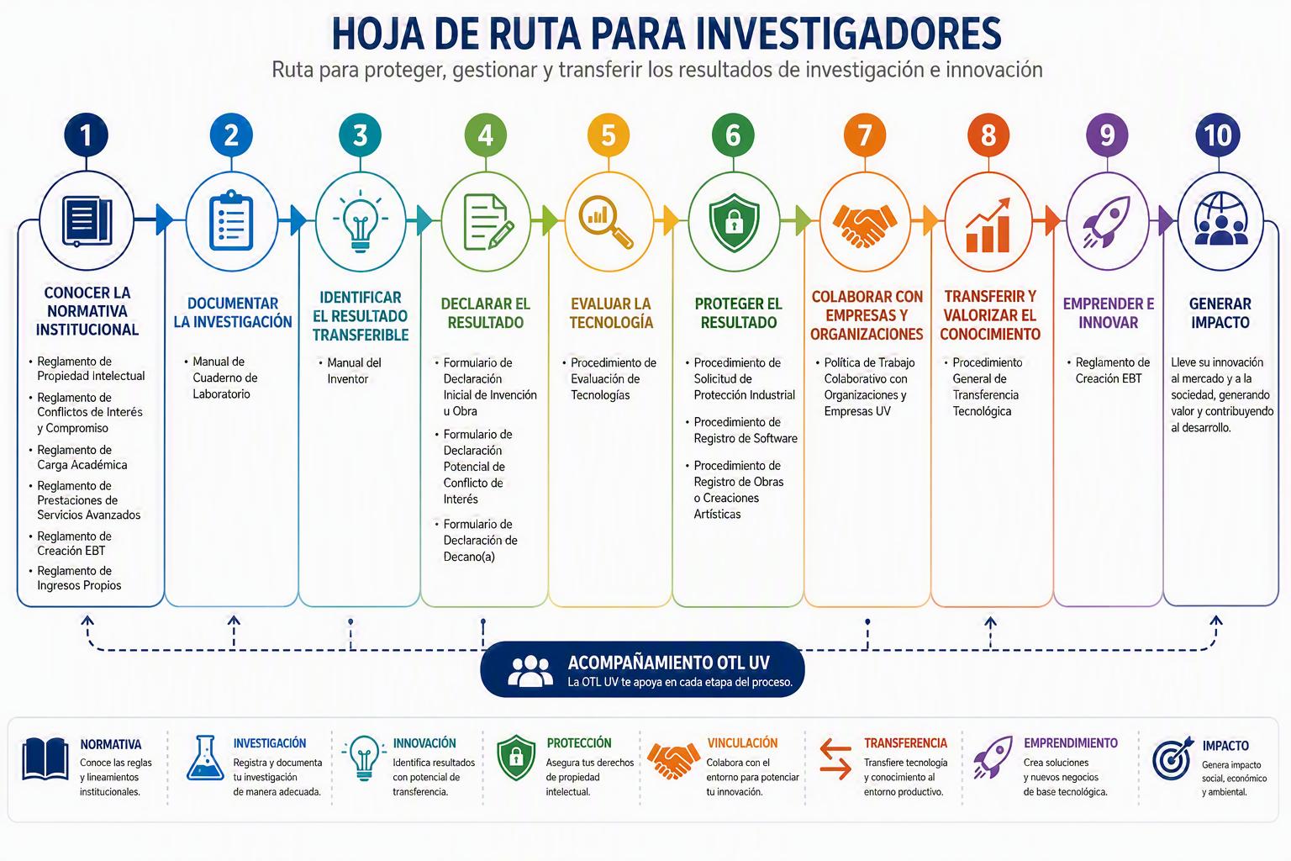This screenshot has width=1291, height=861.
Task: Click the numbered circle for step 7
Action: [865, 135]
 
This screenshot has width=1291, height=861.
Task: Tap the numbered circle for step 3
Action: [361, 135]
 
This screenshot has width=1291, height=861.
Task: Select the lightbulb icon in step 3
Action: [361, 221]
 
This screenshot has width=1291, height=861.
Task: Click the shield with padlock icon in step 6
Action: [734, 222]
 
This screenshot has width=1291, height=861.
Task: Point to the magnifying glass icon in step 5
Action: [606, 221]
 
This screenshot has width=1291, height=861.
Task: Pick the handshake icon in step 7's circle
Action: [865, 225]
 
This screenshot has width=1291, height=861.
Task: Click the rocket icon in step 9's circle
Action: [1107, 222]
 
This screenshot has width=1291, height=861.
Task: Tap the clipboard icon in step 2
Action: [231, 220]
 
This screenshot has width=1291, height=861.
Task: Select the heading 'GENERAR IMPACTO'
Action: [1220, 313]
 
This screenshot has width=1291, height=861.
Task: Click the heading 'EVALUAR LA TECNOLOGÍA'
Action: [611, 313]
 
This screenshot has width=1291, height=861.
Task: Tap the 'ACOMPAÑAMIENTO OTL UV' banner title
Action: [668, 663]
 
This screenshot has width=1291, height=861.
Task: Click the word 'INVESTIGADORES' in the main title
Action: [848, 34]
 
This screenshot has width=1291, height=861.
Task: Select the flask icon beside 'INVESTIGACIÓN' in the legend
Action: [205, 758]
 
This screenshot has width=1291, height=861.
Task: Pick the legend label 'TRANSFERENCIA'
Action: [905, 742]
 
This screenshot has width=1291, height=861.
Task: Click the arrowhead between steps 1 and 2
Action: [165, 219]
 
